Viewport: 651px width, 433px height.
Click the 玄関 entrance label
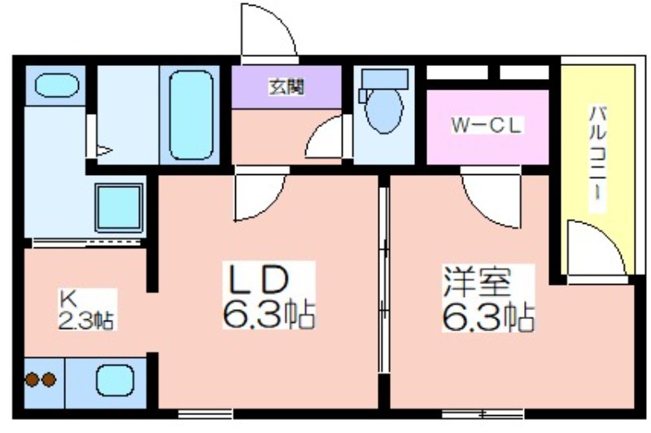[x=286, y=87]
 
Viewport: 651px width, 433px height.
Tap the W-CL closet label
[x=487, y=125]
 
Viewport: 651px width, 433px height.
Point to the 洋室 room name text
[x=477, y=282]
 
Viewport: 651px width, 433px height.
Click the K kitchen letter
[x=68, y=298]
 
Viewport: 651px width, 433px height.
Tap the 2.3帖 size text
[x=85, y=320]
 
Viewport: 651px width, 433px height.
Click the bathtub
[x=191, y=115]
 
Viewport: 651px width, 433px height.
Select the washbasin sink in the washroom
[x=56, y=85]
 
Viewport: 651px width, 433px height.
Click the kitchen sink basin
[x=115, y=380]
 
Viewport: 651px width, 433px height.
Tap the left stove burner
[x=32, y=379]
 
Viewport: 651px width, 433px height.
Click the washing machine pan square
[x=119, y=208]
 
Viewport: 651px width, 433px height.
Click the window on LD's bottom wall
[x=205, y=414]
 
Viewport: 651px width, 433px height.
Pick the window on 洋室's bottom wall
[x=483, y=414]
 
